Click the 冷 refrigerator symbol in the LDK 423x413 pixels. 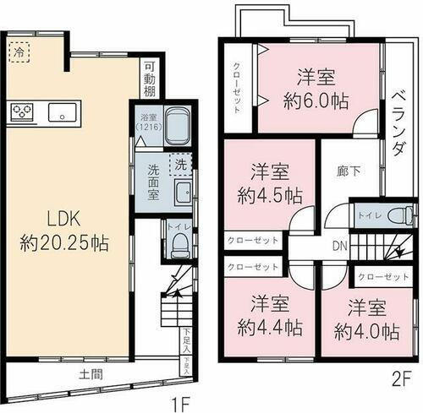point(19,52)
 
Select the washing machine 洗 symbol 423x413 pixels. point(181,165)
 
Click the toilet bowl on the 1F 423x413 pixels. point(179,243)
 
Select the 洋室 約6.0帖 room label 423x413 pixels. point(315,87)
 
